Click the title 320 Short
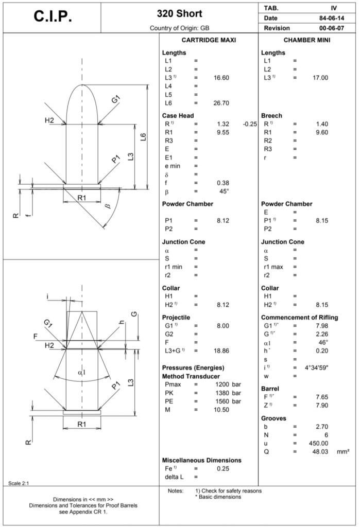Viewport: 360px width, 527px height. [179, 13]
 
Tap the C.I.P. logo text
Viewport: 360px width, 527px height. [53, 16]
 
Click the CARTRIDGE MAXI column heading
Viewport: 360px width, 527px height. [209, 40]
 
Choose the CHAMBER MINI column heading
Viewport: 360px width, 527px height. [307, 40]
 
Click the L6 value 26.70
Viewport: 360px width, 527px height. [221, 103]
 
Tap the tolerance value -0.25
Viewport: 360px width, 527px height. [249, 124]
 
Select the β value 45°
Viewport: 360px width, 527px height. [224, 191]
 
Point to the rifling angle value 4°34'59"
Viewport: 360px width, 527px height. [317, 367]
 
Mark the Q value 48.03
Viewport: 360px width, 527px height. [320, 451]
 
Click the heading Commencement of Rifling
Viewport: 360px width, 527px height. [300, 318]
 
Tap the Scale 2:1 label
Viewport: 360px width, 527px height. [19, 483]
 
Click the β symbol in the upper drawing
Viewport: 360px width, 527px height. [107, 206]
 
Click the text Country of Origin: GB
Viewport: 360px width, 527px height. [179, 28]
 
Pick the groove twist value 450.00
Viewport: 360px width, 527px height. [318, 443]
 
